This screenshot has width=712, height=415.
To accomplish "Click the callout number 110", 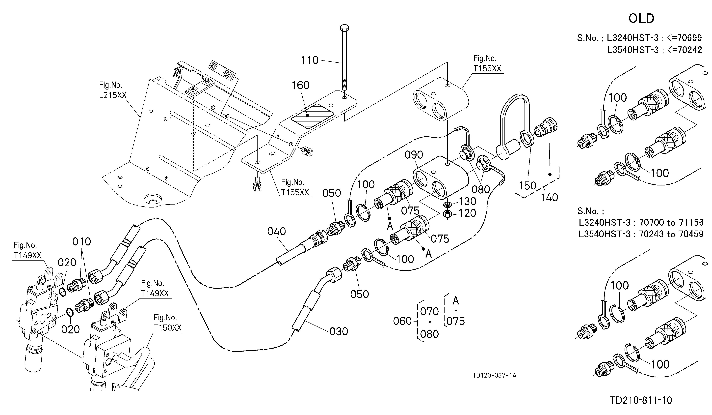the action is tap(310, 60).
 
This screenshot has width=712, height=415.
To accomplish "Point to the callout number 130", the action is tap(468, 202).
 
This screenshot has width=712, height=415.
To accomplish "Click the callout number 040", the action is tap(277, 232).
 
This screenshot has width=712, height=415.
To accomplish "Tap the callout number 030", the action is tap(339, 332).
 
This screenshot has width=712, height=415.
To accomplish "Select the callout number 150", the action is tap(527, 186).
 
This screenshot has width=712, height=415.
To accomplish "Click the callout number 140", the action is tap(549, 198).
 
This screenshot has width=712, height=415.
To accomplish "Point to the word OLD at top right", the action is tap(641, 19).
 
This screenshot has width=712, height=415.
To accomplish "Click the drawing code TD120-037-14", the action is tap(494, 375).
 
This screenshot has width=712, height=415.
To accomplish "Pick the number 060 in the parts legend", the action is tap(402, 321).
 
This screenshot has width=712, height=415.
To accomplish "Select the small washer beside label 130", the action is tap(447, 204).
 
